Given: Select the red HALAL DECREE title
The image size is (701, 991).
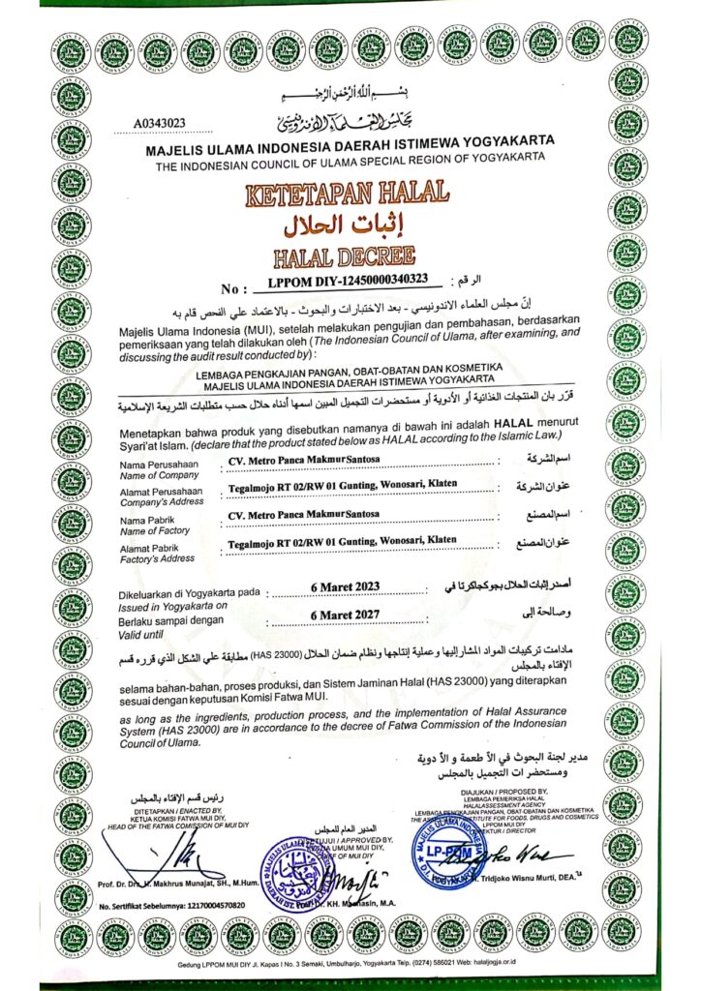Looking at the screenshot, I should (x=351, y=256).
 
